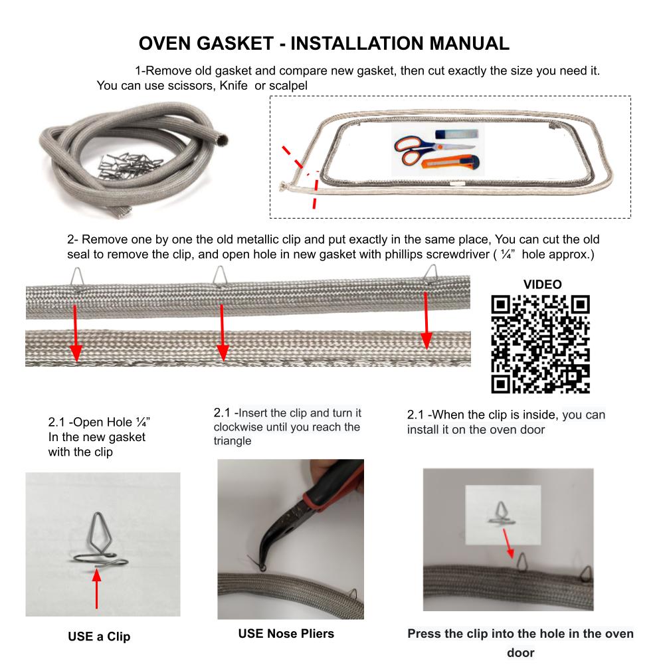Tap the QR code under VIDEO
pyautogui.click(x=540, y=343)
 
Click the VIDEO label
pyautogui.click(x=542, y=284)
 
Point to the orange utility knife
pyautogui.click(x=450, y=162)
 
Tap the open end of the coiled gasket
pyautogui.click(x=221, y=140)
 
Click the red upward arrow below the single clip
pyautogui.click(x=97, y=589)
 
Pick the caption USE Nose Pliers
pyautogui.click(x=286, y=633)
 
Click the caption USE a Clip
pyautogui.click(x=99, y=636)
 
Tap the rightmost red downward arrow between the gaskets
pyautogui.click(x=427, y=320)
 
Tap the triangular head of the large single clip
pyautogui.click(x=100, y=532)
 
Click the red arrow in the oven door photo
pyautogui.click(x=508, y=543)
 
